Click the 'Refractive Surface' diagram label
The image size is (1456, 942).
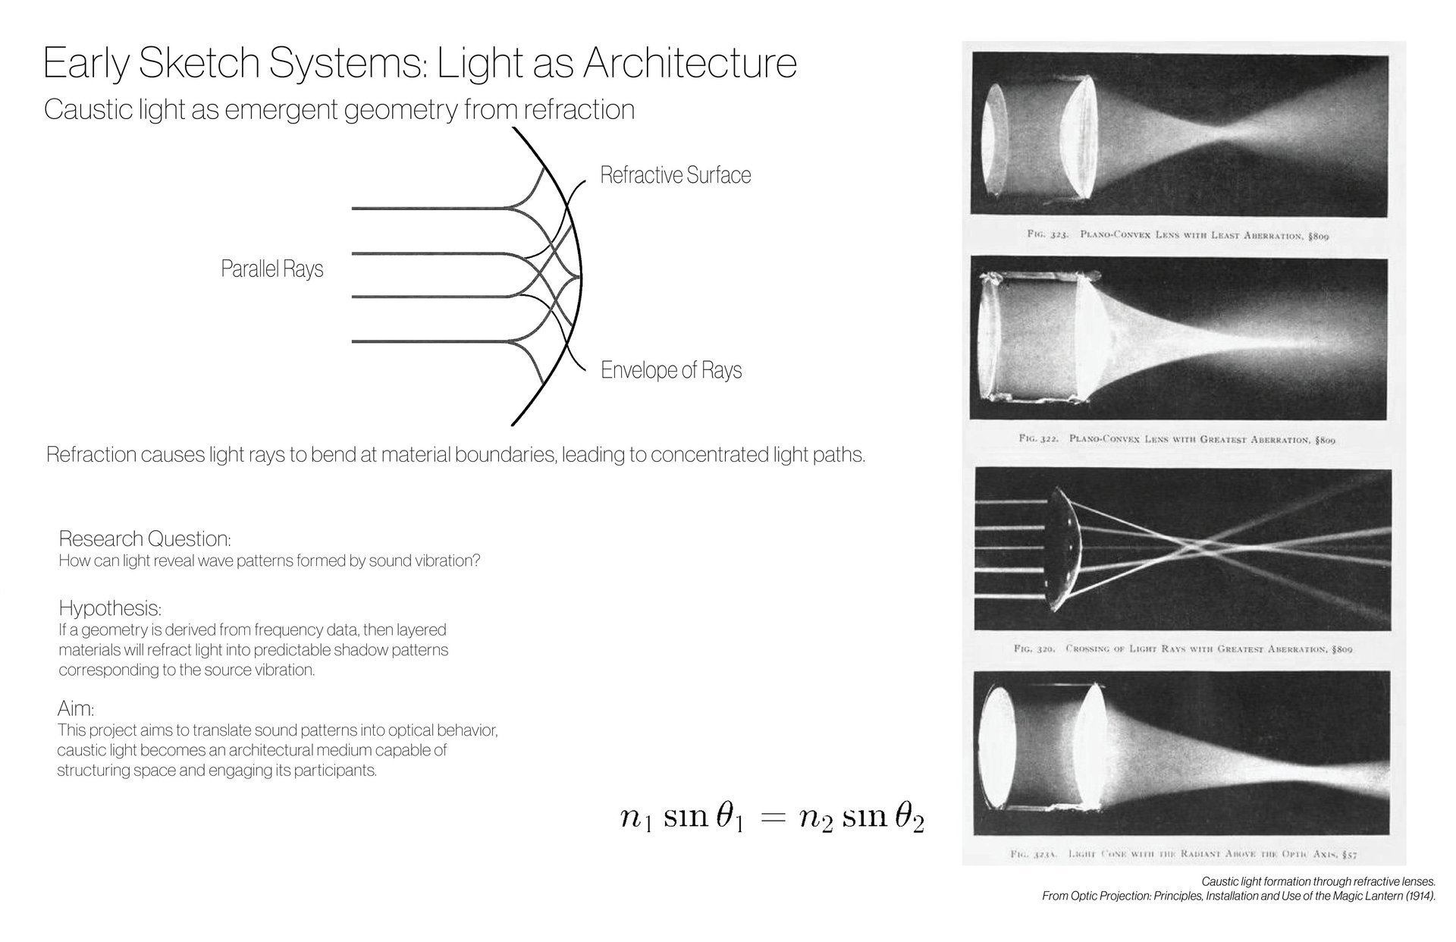[x=675, y=175]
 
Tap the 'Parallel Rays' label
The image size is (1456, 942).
[x=271, y=269]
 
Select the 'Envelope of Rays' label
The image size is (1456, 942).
[x=671, y=370]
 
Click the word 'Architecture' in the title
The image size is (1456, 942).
[x=689, y=64]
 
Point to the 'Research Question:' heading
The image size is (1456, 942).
[x=145, y=539]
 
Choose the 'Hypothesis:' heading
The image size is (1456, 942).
[x=110, y=608]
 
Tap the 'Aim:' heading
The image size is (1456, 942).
[x=76, y=709]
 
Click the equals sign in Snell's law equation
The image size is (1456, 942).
[x=770, y=818]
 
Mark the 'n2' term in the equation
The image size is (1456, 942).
[x=816, y=820]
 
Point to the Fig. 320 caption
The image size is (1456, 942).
[x=1183, y=649]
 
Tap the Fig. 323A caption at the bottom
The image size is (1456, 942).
[x=1183, y=854]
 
